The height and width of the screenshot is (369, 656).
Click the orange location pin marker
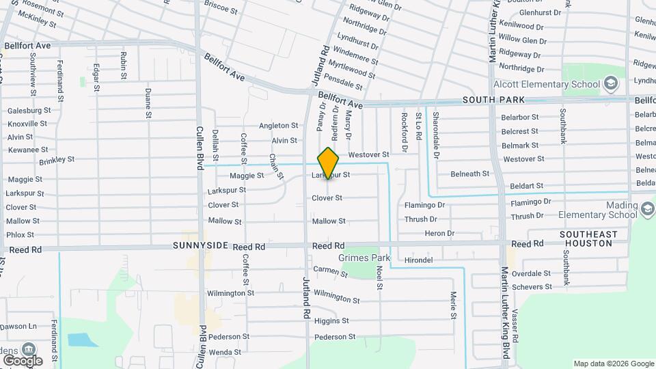click(329, 163)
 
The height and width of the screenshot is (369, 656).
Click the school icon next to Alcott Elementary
click(611, 85)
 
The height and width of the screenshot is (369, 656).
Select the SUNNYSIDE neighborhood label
click(200, 246)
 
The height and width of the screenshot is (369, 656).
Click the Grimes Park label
click(364, 258)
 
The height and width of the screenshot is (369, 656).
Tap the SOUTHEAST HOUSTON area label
click(588, 238)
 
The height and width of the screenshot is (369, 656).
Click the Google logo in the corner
click(23, 360)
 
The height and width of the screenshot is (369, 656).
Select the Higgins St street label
click(332, 320)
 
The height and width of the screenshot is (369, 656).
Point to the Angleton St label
click(278, 126)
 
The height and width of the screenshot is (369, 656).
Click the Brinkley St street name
click(57, 160)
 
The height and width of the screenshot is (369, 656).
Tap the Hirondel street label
click(418, 260)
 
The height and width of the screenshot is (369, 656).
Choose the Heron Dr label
click(439, 234)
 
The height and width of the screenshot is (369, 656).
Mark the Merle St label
click(453, 305)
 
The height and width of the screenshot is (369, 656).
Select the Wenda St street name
click(225, 353)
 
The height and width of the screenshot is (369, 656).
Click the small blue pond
click(79, 340)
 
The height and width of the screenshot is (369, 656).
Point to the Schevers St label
click(531, 286)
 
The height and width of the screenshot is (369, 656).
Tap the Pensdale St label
click(345, 83)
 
